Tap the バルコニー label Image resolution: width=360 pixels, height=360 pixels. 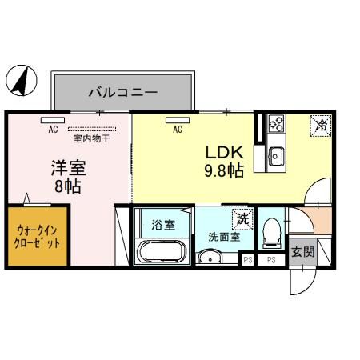click(122, 92)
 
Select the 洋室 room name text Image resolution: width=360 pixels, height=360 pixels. click(69, 168)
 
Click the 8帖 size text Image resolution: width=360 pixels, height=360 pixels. click(68, 186)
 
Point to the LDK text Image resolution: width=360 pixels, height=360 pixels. click(224, 152)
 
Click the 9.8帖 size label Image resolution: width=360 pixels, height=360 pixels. click(224, 170)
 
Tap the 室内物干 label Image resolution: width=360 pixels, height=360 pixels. click(90, 138)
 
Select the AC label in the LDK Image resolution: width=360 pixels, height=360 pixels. click(178, 129)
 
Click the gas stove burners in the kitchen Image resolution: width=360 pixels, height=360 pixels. click(277, 123)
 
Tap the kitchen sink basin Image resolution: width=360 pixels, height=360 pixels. click(277, 155)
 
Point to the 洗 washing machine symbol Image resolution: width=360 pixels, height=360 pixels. click(241, 218)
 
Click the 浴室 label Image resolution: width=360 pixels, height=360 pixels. click(162, 225)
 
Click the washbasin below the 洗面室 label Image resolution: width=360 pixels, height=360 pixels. click(212, 257)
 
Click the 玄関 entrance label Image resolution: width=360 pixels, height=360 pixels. click(301, 254)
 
